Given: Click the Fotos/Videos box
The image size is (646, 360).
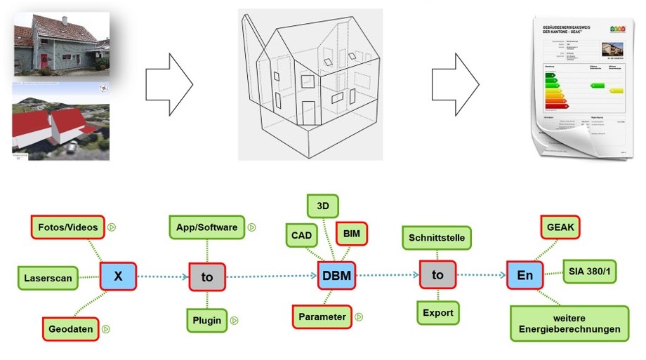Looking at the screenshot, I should coord(67,227).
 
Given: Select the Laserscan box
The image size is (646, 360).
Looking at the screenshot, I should coord(48,278).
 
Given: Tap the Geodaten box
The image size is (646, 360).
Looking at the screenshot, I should coord(72,328).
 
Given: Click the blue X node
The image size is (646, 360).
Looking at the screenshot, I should coord(118,276).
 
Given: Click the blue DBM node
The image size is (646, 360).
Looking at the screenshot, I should coord(334,276).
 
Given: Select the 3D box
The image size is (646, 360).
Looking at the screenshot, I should coord(323,206).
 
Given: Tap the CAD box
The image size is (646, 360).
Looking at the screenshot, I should coord(303,235).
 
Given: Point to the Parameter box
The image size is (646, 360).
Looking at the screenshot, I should coord(322,316).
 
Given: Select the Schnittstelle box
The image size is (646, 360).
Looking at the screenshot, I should coord(437,238).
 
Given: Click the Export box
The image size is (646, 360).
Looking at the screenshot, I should coord(437,312).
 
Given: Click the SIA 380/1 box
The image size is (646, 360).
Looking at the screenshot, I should coord(590,271).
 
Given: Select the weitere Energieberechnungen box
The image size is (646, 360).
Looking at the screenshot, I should coord(565,324).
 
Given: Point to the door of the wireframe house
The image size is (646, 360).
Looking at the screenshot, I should coord(308,112).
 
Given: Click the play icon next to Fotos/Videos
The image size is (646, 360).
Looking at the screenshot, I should coord(112,227).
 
